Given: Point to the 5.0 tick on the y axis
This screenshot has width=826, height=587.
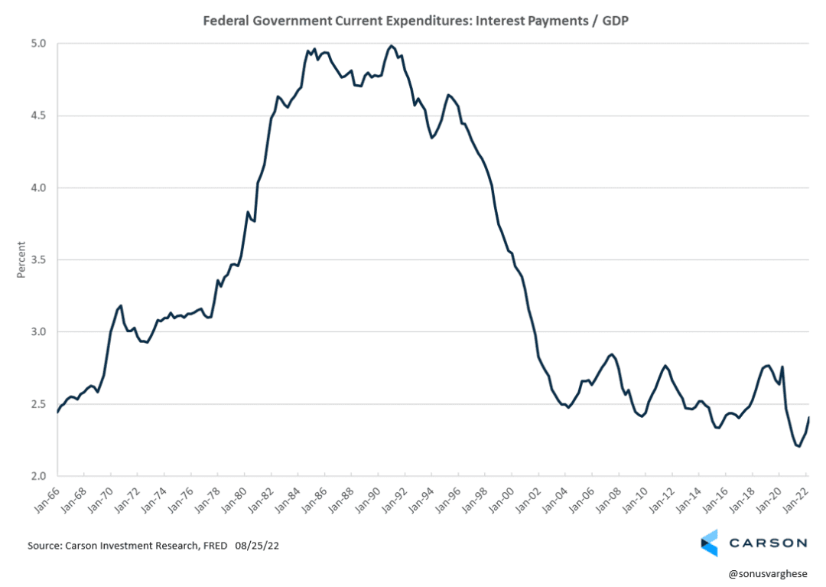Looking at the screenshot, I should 37,44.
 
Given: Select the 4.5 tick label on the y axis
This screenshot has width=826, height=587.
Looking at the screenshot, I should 37,116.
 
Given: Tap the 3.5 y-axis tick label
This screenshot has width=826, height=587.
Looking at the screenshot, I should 37,260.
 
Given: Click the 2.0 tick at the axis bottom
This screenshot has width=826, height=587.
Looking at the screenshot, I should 37,476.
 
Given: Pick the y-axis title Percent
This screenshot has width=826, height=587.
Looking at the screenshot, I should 22,259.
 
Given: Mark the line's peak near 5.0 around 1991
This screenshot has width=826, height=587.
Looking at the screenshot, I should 392,46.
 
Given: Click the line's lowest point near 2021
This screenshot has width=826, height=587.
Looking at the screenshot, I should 798,446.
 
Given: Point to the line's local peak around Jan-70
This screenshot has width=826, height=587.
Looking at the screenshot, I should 121,305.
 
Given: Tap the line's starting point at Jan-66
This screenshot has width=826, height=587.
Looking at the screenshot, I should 58,412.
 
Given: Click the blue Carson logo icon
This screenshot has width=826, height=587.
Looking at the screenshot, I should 709,543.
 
